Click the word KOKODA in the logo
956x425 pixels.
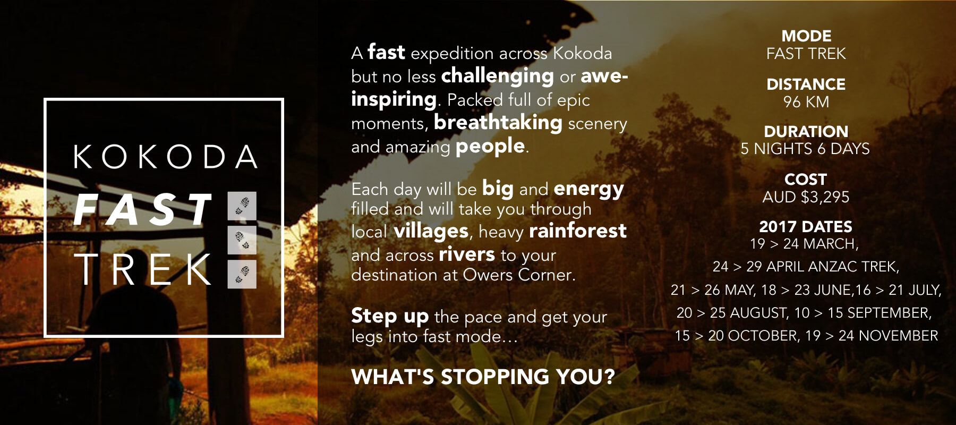click(165, 157)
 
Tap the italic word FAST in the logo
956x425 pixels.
click(142, 209)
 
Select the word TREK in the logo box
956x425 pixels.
click(142, 269)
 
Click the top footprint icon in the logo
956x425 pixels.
click(242, 206)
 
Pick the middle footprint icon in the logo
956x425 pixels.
click(242, 240)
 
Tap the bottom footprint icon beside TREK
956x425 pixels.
click(242, 274)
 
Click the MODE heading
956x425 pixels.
click(806, 36)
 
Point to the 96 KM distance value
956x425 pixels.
click(806, 101)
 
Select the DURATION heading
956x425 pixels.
click(806, 131)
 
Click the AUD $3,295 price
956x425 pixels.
click(806, 197)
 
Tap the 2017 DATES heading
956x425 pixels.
click(806, 227)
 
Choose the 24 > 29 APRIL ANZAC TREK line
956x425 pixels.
click(806, 267)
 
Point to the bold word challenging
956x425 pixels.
click(498, 76)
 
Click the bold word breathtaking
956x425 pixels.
click(498, 123)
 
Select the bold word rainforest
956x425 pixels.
click(578, 231)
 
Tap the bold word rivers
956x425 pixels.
click(467, 254)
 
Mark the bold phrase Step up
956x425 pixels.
click(390, 316)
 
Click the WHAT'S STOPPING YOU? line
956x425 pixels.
click(483, 377)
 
